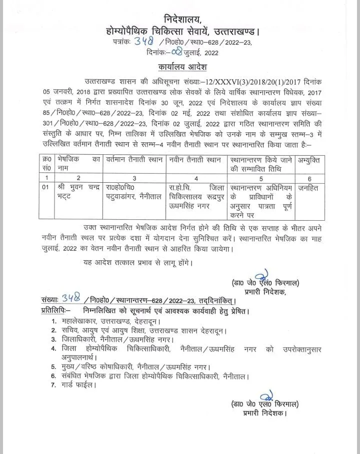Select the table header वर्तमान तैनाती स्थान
point(134,161)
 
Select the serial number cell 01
point(46,188)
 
